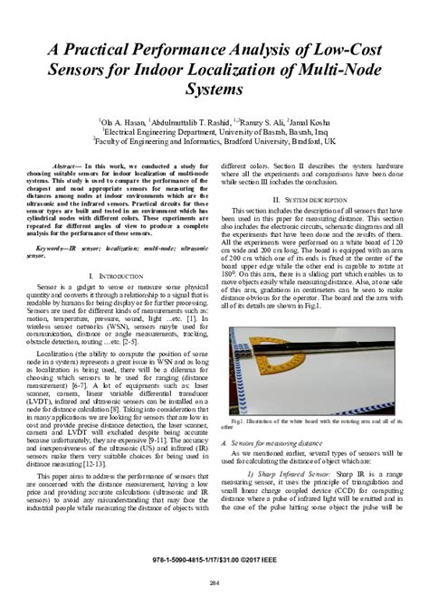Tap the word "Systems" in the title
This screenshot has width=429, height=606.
[x=214, y=90]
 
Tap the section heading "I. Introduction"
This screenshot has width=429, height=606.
[x=118, y=274]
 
